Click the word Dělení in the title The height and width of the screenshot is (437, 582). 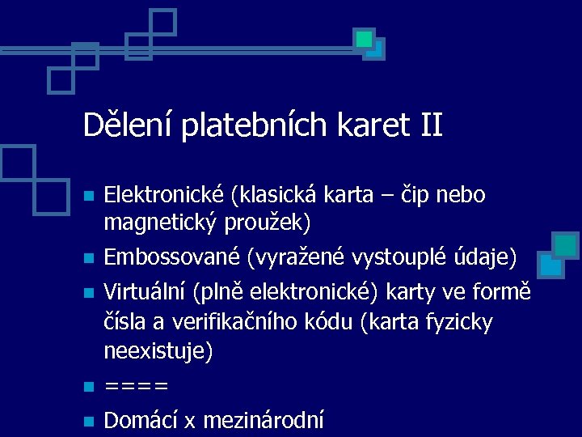tap(129, 125)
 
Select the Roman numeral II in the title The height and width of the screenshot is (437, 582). tap(432, 125)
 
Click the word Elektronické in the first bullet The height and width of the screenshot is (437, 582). tap(166, 195)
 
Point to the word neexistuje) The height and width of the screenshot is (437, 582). tap(158, 351)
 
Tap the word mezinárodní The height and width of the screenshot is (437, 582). tap(264, 420)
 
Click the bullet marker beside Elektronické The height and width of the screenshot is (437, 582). tap(90, 197)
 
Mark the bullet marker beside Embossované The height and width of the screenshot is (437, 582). tap(90, 260)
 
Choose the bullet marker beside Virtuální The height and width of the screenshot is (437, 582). tap(90, 291)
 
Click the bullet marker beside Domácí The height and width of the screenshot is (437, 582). tap(90, 421)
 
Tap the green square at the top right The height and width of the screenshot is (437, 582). tap(365, 38)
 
